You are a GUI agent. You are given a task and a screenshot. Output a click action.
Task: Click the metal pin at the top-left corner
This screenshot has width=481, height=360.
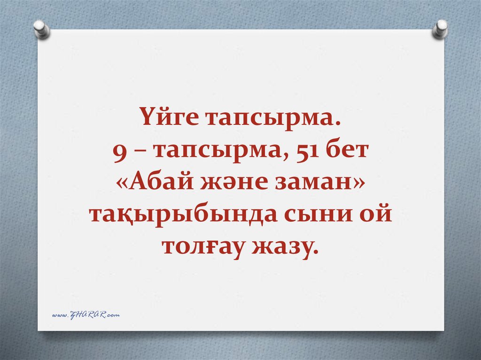42,29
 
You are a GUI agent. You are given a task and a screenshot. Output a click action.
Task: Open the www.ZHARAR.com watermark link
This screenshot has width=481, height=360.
85,315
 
